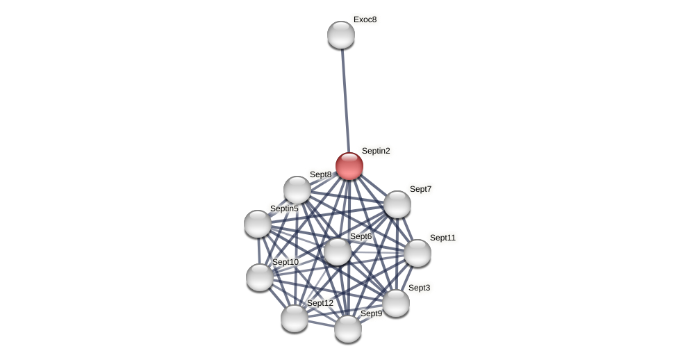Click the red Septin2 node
(349, 166)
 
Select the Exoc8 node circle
(341, 35)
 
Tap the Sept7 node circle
(397, 204)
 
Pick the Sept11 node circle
(417, 253)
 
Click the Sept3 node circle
(396, 303)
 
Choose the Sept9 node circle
(348, 329)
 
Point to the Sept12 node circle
(295, 318)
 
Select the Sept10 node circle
(260, 277)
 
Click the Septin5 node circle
(258, 224)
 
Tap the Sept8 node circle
(297, 190)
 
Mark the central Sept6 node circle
(338, 252)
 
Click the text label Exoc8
(365, 19)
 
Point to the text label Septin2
(376, 151)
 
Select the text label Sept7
(420, 189)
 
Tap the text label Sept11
(443, 238)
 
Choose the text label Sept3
(419, 288)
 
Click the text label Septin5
(284, 208)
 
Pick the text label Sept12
(320, 303)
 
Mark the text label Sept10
(286, 262)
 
